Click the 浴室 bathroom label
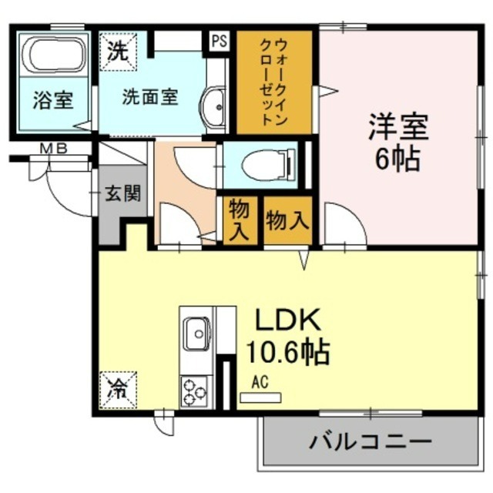(52, 100)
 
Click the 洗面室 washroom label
(150, 97)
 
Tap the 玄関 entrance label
(122, 193)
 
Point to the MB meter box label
(53, 149)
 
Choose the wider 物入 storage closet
(287, 221)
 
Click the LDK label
(287, 319)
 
